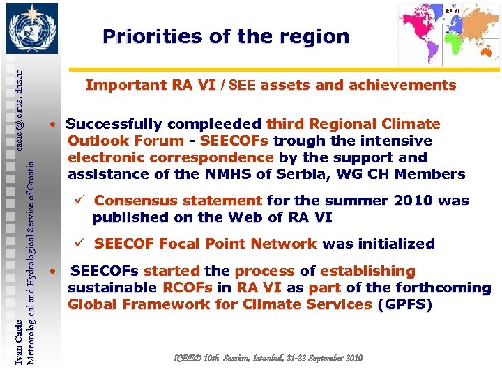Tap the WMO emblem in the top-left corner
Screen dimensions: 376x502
30,29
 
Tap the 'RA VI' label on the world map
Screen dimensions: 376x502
452,11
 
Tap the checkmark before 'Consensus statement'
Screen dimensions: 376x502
80,201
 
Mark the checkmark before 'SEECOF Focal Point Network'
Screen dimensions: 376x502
80,244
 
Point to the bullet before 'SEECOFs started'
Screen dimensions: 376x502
52,270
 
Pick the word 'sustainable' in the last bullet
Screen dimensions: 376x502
111,288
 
